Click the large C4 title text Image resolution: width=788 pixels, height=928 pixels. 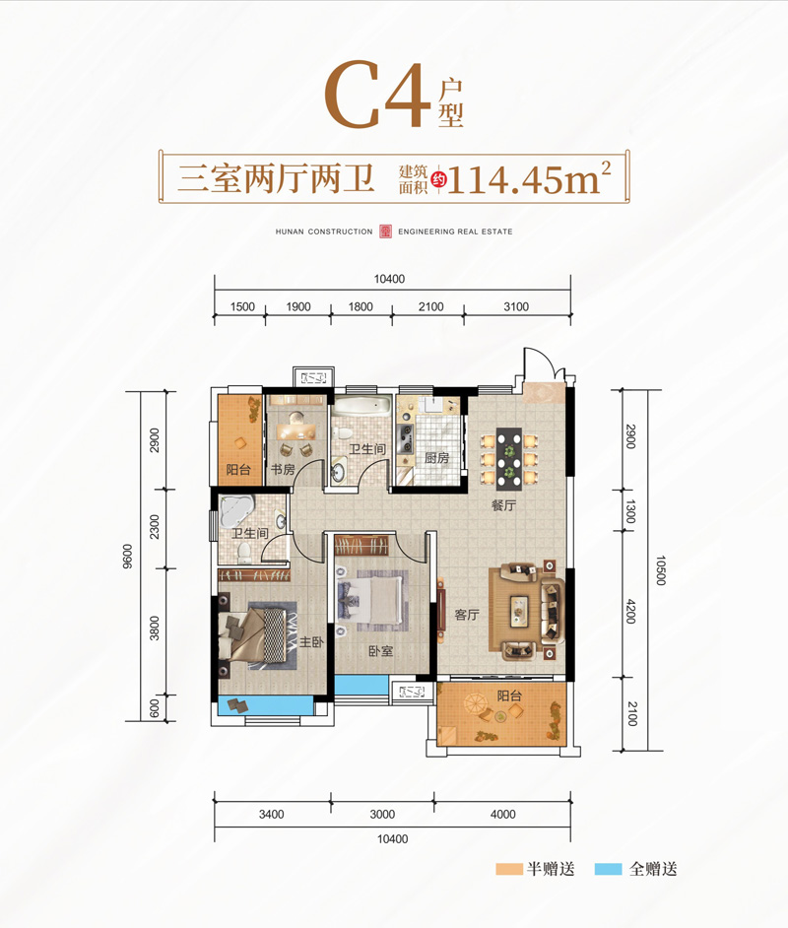pyautogui.click(x=379, y=96)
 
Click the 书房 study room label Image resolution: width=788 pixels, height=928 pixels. pyautogui.click(x=282, y=470)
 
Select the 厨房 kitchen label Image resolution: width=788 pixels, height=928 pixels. pyautogui.click(x=436, y=459)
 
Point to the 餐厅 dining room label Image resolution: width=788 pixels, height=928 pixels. pyautogui.click(x=504, y=506)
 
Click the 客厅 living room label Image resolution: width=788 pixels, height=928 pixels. pyautogui.click(x=466, y=615)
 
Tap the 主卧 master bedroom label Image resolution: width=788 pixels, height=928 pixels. pyautogui.click(x=311, y=641)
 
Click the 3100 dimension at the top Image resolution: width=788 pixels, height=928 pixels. pyautogui.click(x=516, y=307)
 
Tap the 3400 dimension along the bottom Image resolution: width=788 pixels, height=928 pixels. pyautogui.click(x=272, y=814)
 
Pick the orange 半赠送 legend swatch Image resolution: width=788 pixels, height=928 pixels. pyautogui.click(x=509, y=869)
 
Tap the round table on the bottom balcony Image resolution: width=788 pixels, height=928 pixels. pyautogui.click(x=476, y=707)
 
